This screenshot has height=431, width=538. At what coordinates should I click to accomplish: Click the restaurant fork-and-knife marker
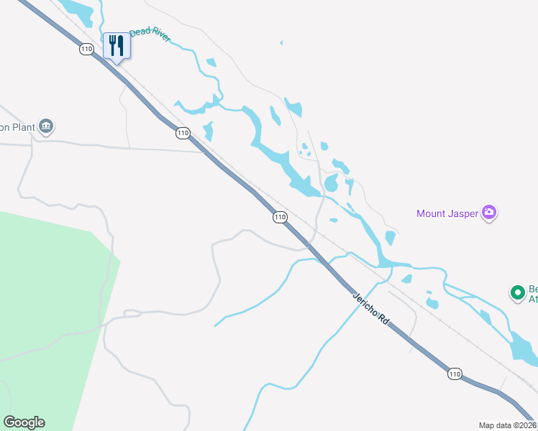pos(115,47)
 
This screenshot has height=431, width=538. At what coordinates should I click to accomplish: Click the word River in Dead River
pos(161,36)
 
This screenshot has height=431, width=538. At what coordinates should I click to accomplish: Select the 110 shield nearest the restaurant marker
pos(87,49)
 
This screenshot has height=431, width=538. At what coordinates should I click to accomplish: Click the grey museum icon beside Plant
pos(47,127)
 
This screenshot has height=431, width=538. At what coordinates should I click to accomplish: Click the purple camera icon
pos(490,213)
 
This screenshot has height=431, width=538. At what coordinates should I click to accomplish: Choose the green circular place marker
pos(517,292)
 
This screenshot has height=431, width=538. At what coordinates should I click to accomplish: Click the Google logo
pos(24,422)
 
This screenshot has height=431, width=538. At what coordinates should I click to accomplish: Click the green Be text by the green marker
pos(533,287)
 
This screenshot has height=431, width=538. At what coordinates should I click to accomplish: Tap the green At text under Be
pos(533,298)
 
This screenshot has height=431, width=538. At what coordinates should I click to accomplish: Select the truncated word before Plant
pos(4,128)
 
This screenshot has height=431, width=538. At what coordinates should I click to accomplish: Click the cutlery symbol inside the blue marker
pos(115,45)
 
